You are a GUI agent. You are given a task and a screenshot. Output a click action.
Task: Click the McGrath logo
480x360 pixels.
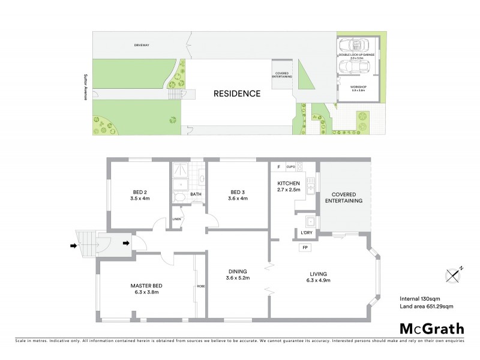pyautogui.click(x=431, y=328)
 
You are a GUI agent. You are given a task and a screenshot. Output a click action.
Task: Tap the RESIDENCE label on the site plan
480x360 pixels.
pyautogui.click(x=238, y=94)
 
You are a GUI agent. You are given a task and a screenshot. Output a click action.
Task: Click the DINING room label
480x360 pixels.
pyautogui.click(x=237, y=274)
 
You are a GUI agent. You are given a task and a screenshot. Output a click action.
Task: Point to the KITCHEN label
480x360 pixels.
pyautogui.click(x=288, y=185)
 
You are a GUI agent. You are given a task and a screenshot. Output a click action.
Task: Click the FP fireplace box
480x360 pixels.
pyautogui.click(x=305, y=247)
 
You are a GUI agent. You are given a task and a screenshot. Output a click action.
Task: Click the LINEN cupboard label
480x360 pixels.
pyautogui.click(x=176, y=218)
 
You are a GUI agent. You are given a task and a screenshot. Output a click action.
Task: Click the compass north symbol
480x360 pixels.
pyautogui.click(x=453, y=274)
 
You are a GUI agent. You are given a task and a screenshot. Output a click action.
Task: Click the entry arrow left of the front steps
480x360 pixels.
pyautogui.click(x=73, y=245)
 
